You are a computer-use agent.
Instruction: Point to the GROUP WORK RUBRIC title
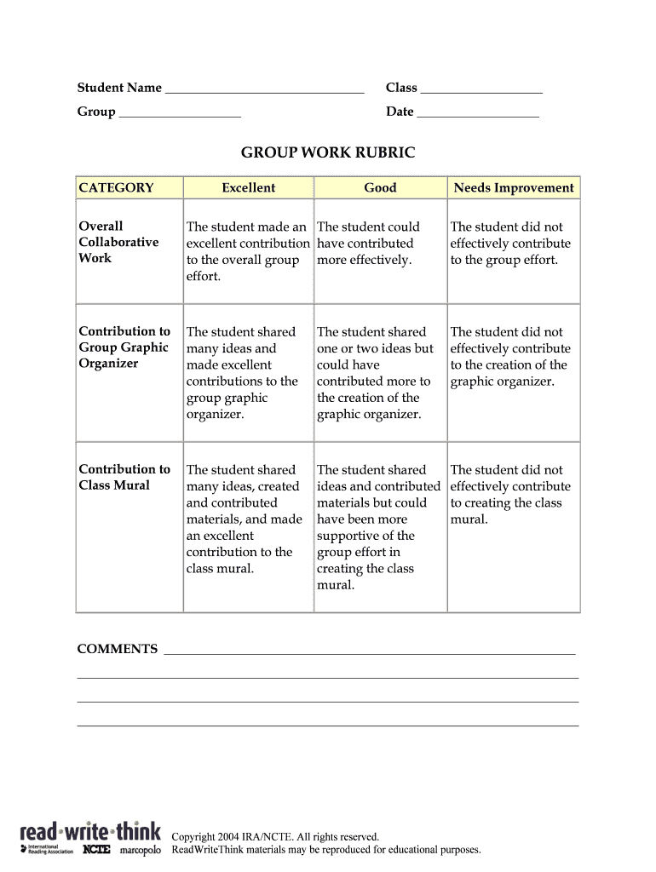click(328, 153)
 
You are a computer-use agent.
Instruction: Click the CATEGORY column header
click(116, 188)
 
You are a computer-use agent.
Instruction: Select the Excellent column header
click(248, 188)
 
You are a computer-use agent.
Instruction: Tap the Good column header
click(380, 188)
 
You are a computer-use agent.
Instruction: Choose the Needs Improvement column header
click(514, 188)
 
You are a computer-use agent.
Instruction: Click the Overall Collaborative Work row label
click(118, 242)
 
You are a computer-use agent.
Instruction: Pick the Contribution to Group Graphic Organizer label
click(124, 347)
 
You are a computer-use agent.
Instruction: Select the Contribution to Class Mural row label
click(124, 477)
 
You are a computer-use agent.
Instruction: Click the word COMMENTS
click(118, 649)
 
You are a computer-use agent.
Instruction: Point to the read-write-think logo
click(89, 829)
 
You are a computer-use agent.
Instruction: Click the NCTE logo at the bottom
click(97, 849)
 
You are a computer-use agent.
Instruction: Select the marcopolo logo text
click(140, 850)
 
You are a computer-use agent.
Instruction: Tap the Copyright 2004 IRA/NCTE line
click(275, 837)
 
